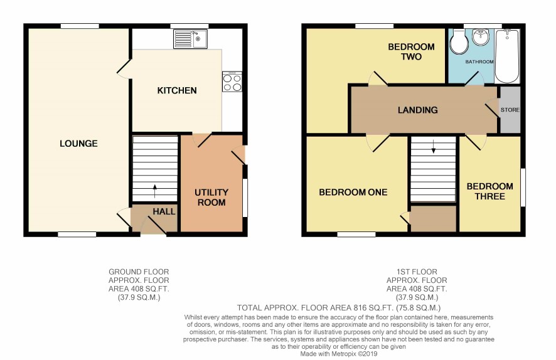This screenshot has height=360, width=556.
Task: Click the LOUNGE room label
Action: [78, 144]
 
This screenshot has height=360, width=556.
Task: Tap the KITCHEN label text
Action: [177, 91]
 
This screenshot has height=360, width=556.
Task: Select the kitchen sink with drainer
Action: [190, 39]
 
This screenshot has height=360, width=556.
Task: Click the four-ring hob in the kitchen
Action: [232, 82]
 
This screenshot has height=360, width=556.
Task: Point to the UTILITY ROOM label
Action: [211, 198]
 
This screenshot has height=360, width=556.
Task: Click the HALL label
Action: [164, 211]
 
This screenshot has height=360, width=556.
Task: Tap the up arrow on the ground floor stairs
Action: [154, 191]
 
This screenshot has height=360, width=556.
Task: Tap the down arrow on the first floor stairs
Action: [433, 147]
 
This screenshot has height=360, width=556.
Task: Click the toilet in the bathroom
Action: [459, 42]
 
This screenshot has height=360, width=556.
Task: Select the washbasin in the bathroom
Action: [481, 37]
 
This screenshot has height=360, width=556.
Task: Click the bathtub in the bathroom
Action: [507, 56]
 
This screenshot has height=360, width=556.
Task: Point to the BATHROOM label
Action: [479, 61]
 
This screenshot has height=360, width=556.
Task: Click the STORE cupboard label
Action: [510, 110]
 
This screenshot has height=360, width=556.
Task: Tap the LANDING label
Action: [418, 110]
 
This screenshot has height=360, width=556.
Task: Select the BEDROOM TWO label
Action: [411, 51]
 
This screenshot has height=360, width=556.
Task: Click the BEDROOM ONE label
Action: [353, 193]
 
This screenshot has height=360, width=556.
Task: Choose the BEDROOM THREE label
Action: [489, 191]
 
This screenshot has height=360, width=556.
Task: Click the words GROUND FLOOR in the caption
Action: [139, 272]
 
